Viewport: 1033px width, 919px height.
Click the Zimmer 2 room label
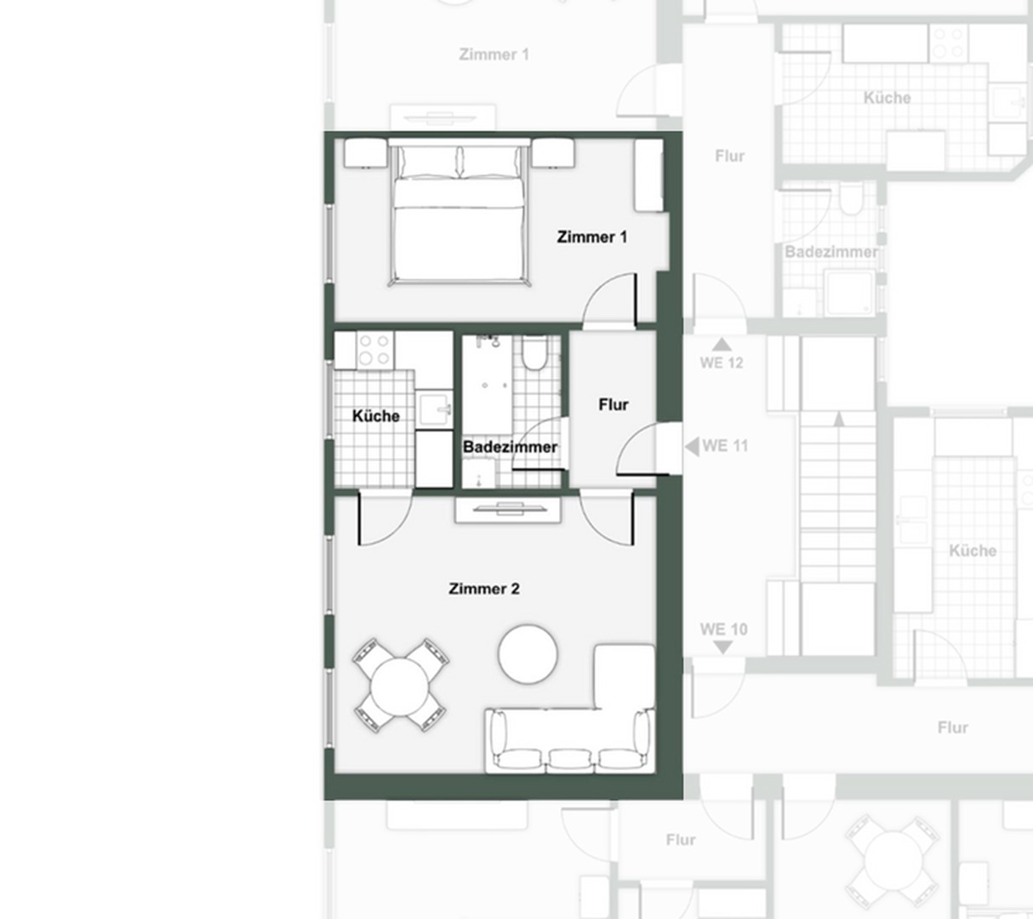484,589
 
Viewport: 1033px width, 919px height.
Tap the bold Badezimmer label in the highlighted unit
510,448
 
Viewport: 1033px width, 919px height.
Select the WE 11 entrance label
725,446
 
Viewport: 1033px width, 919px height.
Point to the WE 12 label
722,363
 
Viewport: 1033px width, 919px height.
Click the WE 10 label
723,630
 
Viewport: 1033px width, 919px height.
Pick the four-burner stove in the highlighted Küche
375,350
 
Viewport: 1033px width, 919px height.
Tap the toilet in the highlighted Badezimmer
534,352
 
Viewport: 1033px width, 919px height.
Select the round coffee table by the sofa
528,654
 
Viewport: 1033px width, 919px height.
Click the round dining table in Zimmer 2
400,687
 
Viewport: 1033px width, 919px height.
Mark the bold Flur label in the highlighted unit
614,405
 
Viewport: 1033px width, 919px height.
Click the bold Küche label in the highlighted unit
376,416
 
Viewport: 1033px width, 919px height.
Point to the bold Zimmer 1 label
592,237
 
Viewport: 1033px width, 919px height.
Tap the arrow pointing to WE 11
692,447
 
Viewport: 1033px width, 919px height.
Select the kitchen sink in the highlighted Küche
434,409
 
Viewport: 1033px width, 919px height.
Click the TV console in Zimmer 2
508,510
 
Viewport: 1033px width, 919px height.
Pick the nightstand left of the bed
365,153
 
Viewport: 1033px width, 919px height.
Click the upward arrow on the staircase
839,419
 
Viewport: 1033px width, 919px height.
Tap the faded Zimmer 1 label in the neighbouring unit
494,54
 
